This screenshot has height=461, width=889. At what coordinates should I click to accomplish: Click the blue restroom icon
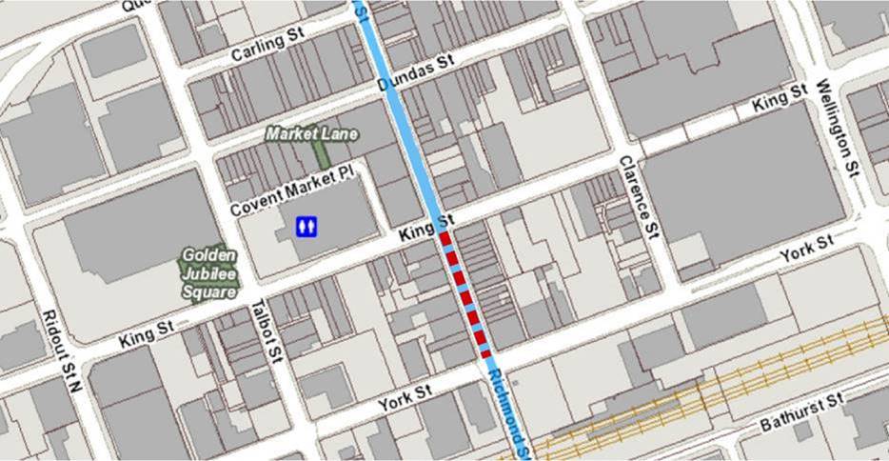pos(306,227)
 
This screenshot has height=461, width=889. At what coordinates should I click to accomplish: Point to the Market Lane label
pos(311,134)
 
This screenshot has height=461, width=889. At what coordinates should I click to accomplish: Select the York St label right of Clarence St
pos(805,251)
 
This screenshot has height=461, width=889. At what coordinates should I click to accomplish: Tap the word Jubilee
pos(209,274)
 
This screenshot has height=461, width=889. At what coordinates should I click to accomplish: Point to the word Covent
pos(254,203)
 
